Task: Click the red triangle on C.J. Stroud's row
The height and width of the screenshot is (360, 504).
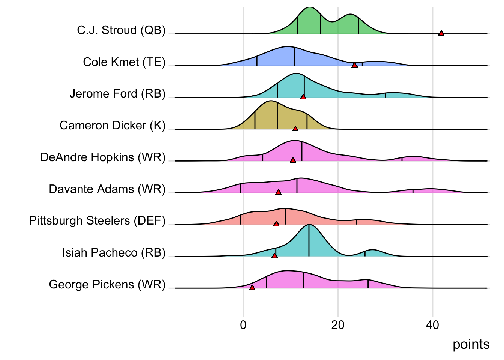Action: coord(441,33)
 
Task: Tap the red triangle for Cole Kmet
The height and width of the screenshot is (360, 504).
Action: coord(354,65)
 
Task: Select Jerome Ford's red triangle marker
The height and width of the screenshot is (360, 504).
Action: coord(303,97)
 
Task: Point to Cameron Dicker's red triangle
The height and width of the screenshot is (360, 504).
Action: coord(295,129)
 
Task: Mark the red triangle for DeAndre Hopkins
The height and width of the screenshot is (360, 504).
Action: coord(293,160)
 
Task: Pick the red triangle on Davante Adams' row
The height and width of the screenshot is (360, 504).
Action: coord(278,192)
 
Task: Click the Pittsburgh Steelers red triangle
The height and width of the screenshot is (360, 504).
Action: coord(276,224)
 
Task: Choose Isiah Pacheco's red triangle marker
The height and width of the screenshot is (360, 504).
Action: coord(274,255)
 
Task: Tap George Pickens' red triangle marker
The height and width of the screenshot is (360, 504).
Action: coord(252,287)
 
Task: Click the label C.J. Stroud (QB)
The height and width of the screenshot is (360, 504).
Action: coord(121,30)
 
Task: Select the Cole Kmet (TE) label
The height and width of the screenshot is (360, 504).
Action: coord(124,62)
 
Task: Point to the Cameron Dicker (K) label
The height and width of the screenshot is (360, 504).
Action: coord(112,125)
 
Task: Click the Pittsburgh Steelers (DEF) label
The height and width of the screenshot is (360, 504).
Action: coord(97,220)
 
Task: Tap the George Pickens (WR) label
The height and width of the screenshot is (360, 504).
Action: coord(107,284)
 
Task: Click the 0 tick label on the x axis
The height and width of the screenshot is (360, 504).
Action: coord(243,325)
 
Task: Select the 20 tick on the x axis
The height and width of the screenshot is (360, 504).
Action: coord(338,325)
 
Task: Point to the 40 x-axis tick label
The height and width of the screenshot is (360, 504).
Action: coord(432,325)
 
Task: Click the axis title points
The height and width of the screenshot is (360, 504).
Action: coord(471,344)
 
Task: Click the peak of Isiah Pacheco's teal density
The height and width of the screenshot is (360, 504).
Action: coord(309,225)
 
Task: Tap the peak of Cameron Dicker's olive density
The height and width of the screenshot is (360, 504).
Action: coord(271,101)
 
